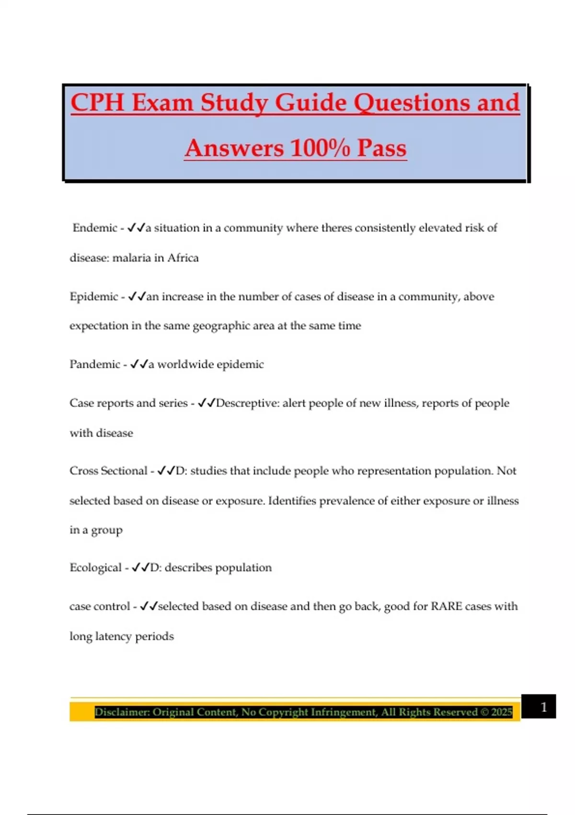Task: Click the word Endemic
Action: [x=95, y=228]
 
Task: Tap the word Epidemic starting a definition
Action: [x=93, y=297]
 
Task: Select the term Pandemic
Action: [x=95, y=364]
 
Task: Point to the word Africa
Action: [x=183, y=258]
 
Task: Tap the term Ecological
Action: [x=95, y=568]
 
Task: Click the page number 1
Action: [x=543, y=707]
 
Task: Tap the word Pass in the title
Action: [x=382, y=148]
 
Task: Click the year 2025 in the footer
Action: [x=502, y=712]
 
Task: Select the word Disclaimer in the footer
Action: [x=121, y=712]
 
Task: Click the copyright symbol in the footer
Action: [x=484, y=712]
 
